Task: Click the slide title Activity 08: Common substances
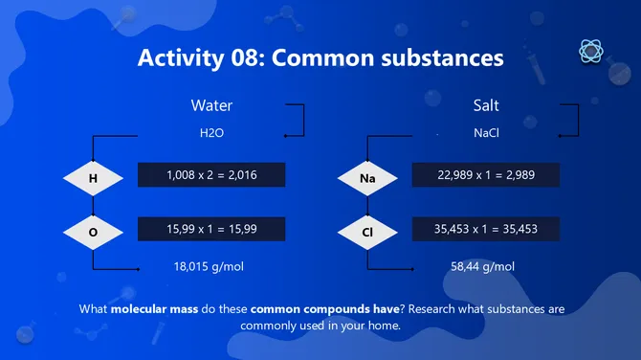[x=320, y=58]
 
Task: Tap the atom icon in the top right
[x=590, y=51]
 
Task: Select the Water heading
[x=211, y=105]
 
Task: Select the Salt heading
[x=486, y=105]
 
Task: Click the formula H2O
[x=211, y=134]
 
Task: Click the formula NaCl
[x=486, y=134]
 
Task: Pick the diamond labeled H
[x=93, y=177]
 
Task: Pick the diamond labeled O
[x=93, y=232]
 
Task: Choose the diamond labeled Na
[x=367, y=177]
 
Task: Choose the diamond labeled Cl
[x=367, y=232]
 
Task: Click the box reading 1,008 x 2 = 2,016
[x=211, y=175]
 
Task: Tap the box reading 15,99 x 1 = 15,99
[x=211, y=230]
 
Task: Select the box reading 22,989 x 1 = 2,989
[x=486, y=175]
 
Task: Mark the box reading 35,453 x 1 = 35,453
[x=486, y=230]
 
